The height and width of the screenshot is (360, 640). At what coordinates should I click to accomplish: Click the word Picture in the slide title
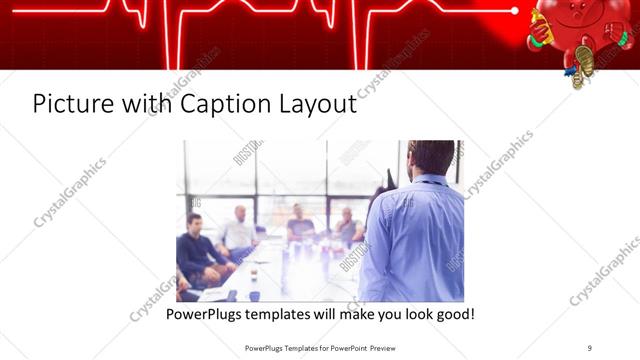66,103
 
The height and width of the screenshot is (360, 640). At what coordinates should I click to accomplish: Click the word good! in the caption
452,314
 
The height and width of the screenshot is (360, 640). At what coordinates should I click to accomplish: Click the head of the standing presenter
432,158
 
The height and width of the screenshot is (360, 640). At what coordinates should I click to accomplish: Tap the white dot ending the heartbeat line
514,11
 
